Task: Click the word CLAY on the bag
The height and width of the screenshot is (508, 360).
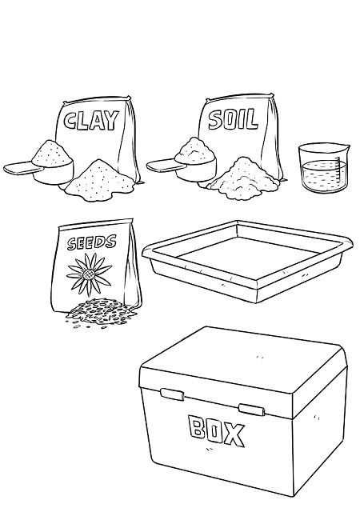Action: [x=91, y=120]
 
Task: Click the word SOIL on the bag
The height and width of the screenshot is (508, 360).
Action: [x=234, y=119]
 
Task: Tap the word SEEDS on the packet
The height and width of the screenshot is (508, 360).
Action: [x=92, y=242]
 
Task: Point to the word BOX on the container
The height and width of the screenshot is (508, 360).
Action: [x=217, y=431]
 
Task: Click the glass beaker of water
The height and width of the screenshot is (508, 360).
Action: [x=324, y=168]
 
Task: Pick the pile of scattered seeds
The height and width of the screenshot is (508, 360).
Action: [x=102, y=313]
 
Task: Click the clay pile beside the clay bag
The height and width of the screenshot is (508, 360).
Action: [x=99, y=180]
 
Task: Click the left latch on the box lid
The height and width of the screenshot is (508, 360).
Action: [x=172, y=394]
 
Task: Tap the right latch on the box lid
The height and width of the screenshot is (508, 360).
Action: [x=252, y=409]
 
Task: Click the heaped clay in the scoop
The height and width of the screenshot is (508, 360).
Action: [x=52, y=152]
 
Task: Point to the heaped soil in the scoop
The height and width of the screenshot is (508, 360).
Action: [x=195, y=148]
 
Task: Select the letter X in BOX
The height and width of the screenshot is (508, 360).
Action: [x=233, y=434]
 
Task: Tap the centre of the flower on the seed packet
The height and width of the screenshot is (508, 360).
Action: [x=88, y=275]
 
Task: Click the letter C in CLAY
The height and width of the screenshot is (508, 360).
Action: [x=70, y=121]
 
